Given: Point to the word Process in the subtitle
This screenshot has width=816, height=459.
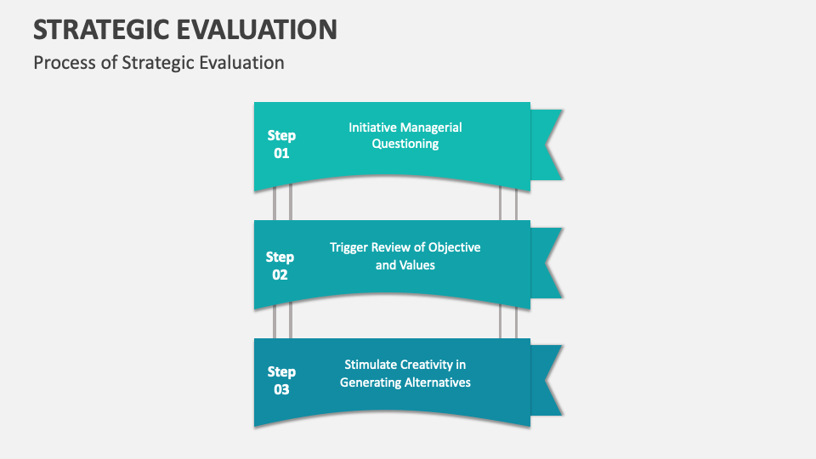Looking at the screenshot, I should [65, 62].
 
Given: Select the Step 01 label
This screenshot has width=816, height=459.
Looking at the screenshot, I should [281, 144].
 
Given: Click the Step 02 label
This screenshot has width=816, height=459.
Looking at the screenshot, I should [280, 265].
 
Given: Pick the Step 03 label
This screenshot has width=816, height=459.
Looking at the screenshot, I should [281, 380].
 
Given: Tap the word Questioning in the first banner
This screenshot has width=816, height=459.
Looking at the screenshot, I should [405, 144].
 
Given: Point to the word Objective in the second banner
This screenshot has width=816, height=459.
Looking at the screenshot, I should [454, 247].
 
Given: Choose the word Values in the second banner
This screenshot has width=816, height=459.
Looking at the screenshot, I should [417, 265].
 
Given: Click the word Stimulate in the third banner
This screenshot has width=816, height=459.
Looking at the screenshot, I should [371, 365].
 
